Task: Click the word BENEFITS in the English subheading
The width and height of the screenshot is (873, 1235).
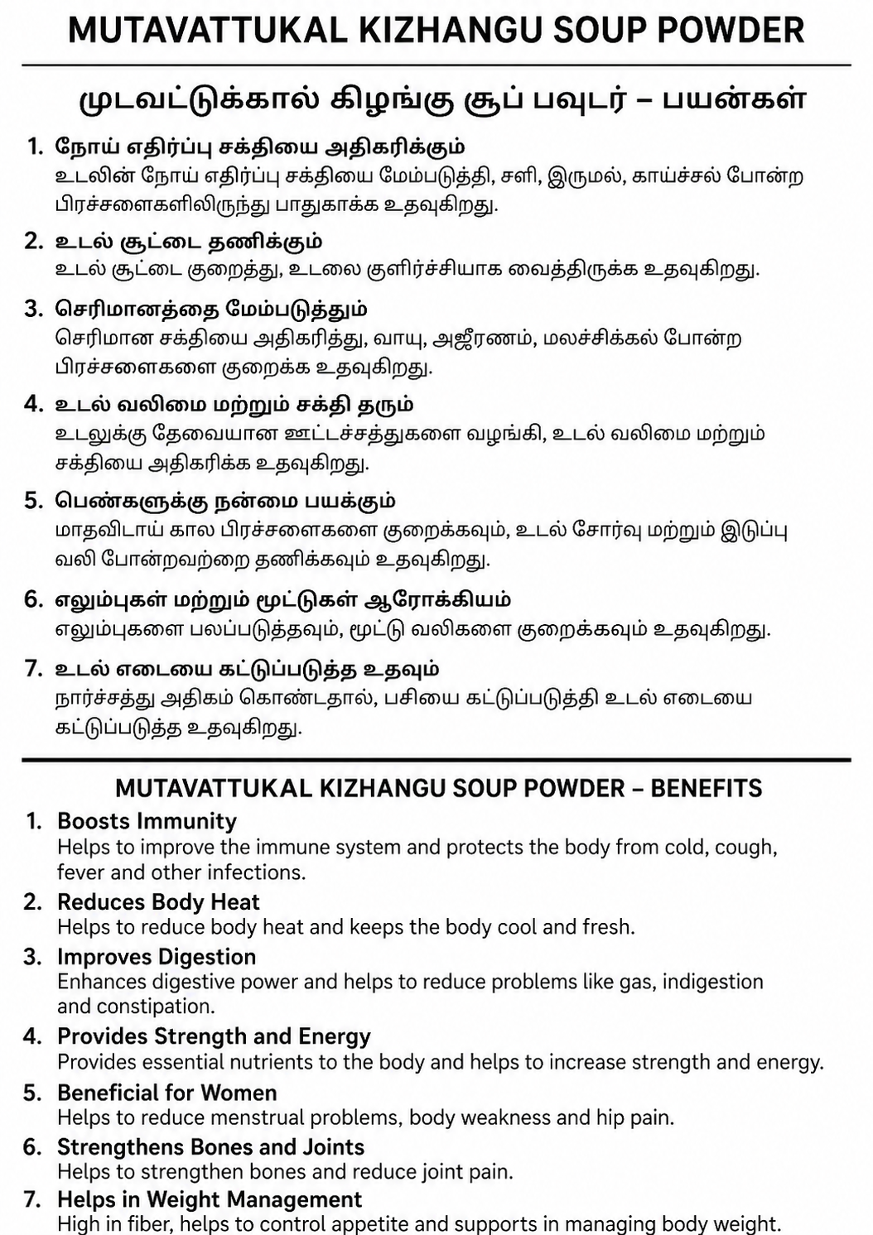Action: [706, 788]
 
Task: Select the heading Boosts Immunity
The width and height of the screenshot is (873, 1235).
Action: [147, 821]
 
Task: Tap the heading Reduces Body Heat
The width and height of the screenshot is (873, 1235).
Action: [158, 902]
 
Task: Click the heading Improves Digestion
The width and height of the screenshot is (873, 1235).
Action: [157, 957]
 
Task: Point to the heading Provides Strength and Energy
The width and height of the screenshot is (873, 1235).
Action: [214, 1036]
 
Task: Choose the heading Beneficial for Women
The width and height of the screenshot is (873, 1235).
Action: [166, 1093]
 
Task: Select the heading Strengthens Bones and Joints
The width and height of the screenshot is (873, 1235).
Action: [210, 1147]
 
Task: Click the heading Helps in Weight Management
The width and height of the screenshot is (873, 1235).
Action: [210, 1200]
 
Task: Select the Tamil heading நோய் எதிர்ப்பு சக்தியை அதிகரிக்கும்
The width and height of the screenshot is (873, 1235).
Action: [260, 147]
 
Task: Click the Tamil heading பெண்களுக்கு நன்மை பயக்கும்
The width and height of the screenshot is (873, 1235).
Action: [225, 501]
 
